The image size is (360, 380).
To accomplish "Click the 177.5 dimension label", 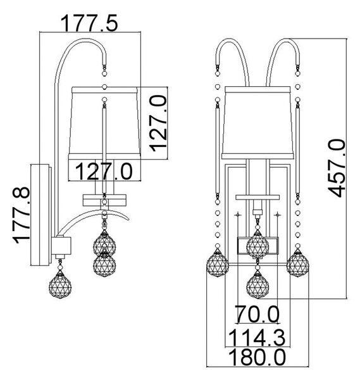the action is [x=89, y=23].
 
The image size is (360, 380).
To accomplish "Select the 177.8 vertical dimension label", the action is [x=22, y=215].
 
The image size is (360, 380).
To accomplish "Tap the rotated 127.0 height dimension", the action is [x=158, y=123].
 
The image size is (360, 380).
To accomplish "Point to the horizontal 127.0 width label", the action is [x=104, y=171].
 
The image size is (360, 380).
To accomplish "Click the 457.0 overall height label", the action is [x=337, y=168].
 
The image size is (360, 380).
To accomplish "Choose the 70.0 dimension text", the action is [x=257, y=314].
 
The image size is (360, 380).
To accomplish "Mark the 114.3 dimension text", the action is [x=257, y=338].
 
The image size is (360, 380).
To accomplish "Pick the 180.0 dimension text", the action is [x=257, y=357].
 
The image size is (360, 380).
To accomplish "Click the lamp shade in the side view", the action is [x=104, y=123].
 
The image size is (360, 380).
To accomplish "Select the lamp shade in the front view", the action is [x=258, y=122].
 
